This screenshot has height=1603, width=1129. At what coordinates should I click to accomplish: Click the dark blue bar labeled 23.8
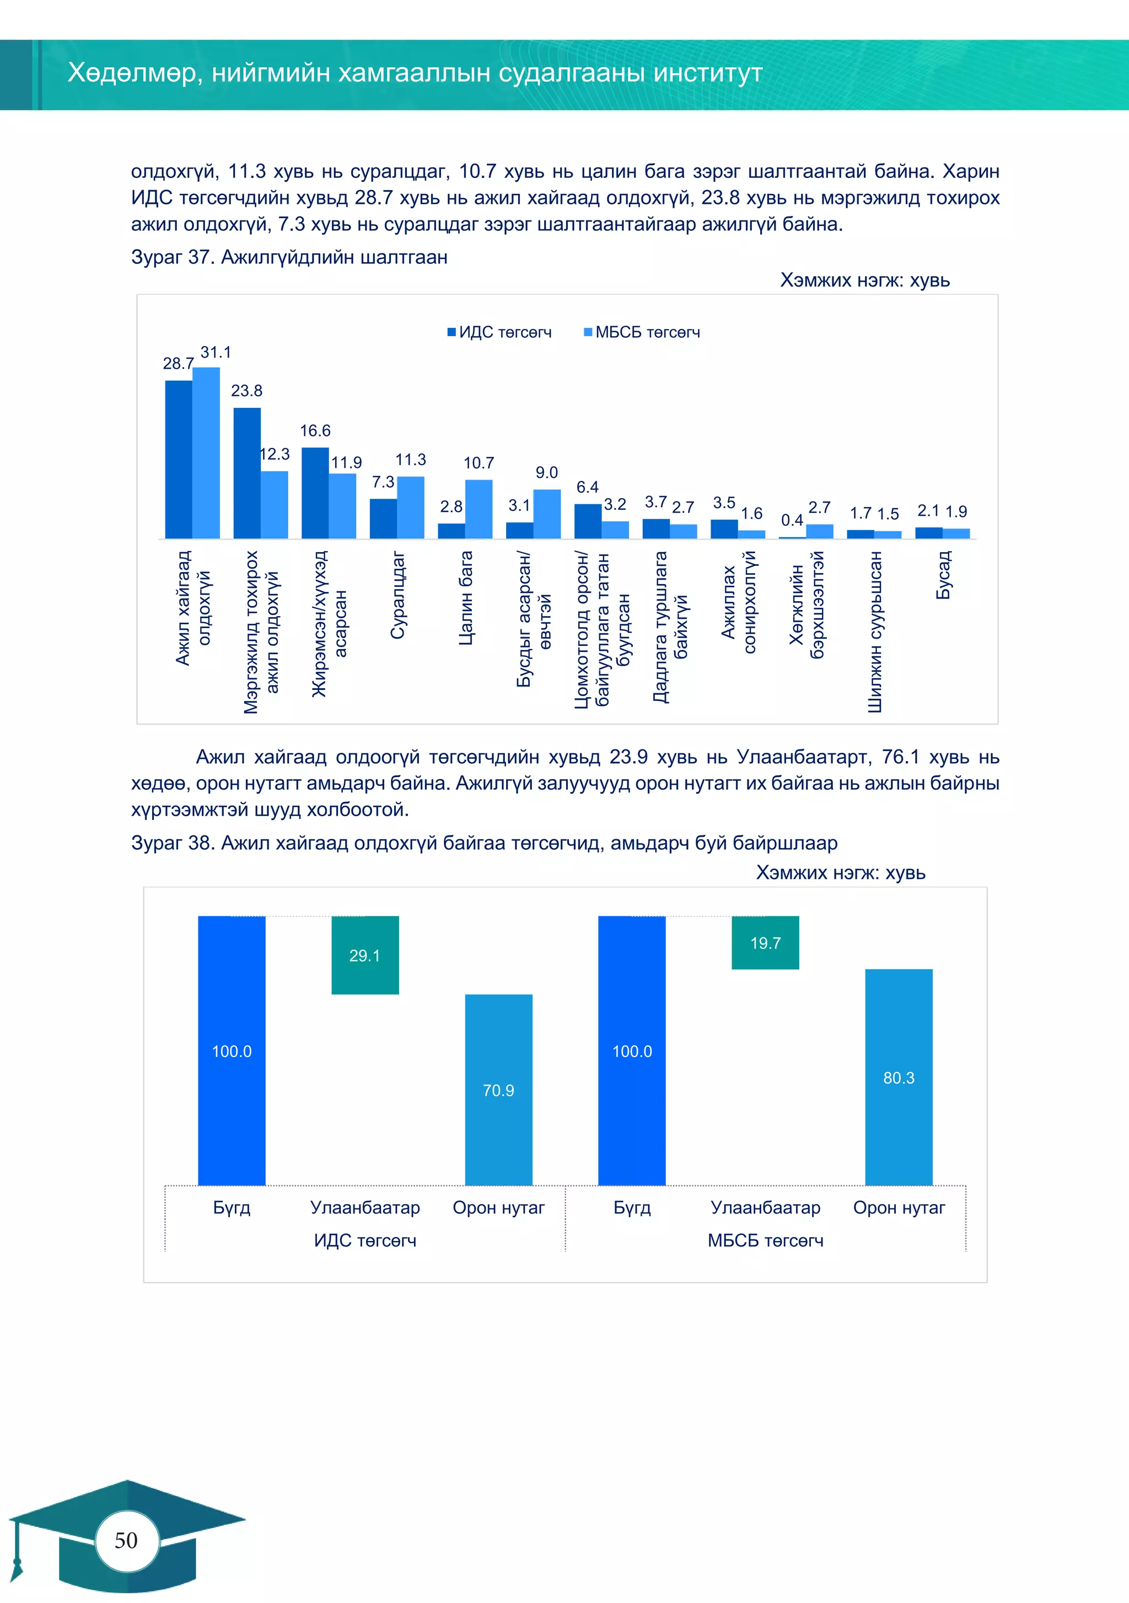pyautogui.click(x=246, y=473)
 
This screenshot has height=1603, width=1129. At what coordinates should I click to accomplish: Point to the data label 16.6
pyautogui.click(x=315, y=431)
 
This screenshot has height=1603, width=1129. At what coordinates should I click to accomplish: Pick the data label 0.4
pyautogui.click(x=792, y=520)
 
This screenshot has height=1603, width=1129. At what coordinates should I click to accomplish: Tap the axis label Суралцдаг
pyautogui.click(x=397, y=595)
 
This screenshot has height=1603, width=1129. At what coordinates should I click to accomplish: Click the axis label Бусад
pyautogui.click(x=943, y=575)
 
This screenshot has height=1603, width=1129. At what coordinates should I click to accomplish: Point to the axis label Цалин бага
pyautogui.click(x=465, y=598)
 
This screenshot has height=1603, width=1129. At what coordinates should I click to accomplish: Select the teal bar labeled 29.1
pyautogui.click(x=365, y=954)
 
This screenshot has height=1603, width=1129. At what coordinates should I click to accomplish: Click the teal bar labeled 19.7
pyautogui.click(x=765, y=942)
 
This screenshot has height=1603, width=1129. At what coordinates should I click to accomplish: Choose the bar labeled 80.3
pyautogui.click(x=899, y=1077)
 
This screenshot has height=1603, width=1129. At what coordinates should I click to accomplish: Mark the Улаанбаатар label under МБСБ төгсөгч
pyautogui.click(x=765, y=1207)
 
